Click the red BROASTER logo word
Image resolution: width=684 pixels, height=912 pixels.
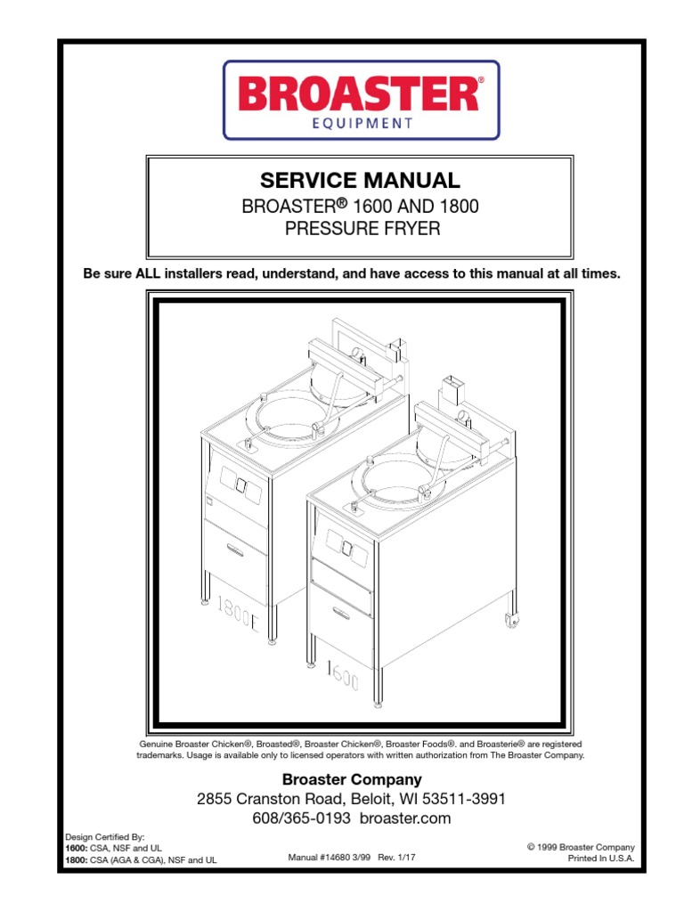point(360,94)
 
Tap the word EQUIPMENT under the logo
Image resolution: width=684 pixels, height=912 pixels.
point(360,124)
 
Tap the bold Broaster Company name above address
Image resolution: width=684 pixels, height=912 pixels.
point(352,779)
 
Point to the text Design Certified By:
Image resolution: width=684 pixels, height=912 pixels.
point(105,838)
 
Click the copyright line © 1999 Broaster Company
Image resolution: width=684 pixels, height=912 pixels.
point(581,846)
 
